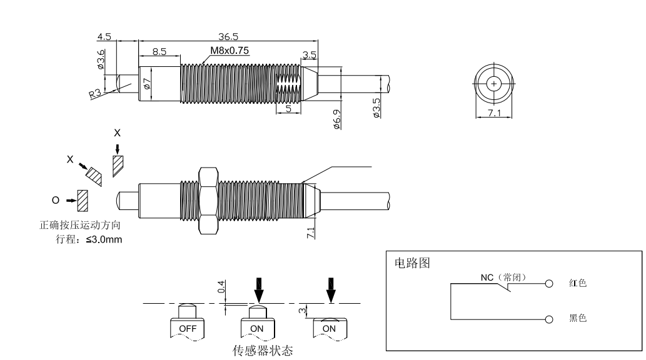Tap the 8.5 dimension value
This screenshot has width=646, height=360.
(x=159, y=52)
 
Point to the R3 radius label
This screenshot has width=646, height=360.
(x=96, y=94)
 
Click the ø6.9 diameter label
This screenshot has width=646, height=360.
(x=336, y=118)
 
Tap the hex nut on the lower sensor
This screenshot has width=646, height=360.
(x=207, y=201)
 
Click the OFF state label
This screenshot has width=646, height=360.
(x=187, y=328)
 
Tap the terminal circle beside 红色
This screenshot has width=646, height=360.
(x=548, y=283)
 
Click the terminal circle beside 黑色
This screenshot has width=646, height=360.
(x=548, y=319)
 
